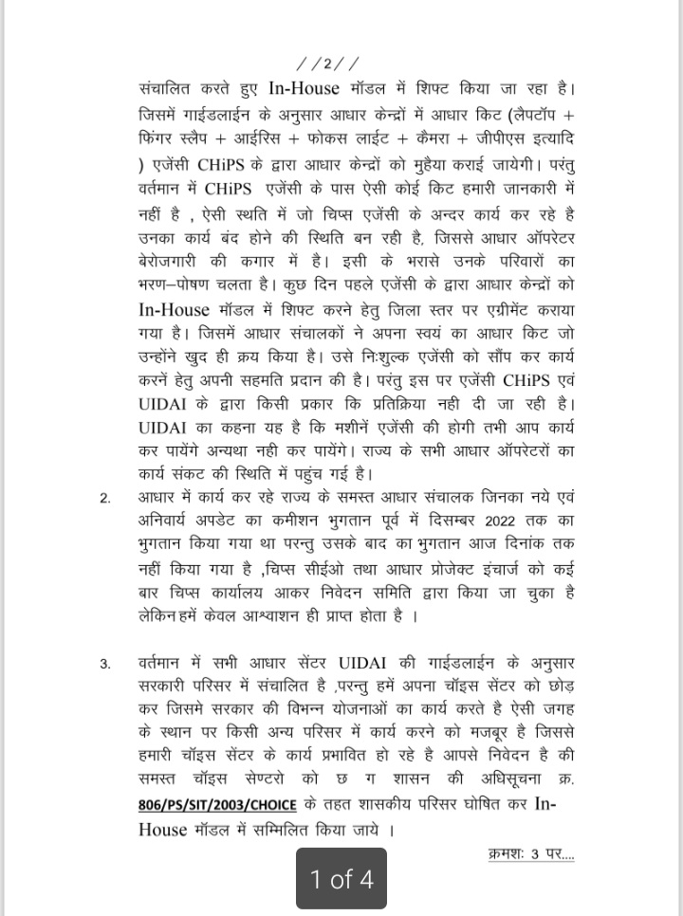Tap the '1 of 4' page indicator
341,879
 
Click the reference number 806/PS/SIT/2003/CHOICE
216,805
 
